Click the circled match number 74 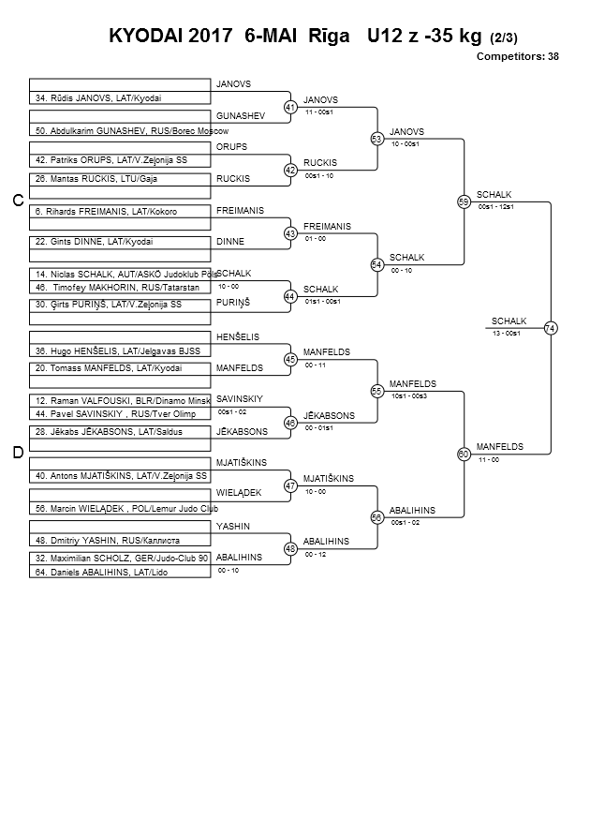pos(551,328)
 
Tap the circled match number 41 pos(290,108)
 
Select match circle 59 pos(464,201)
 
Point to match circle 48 pos(290,548)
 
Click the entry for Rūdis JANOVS pos(98,98)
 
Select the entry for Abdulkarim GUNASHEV pos(132,130)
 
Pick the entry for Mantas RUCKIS pos(96,179)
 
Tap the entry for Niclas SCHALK pos(126,275)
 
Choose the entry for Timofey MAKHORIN pos(118,288)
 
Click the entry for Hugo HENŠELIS pos(118,350)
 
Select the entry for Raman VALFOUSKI pos(123,401)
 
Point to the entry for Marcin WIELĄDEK pos(126,509)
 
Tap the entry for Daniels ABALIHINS pos(101,573)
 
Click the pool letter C pos(18,201)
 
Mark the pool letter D pos(18,453)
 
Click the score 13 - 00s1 pos(507,334)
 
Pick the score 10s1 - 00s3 pos(409,396)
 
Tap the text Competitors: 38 pos(518,56)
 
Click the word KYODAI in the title pos(143,36)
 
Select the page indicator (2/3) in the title pos(503,37)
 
